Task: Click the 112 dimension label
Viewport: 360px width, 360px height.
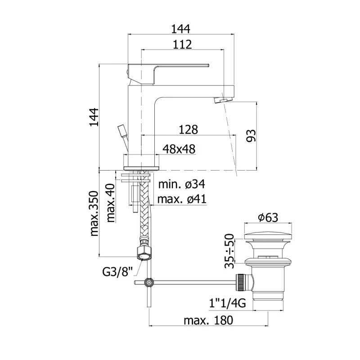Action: [182, 44]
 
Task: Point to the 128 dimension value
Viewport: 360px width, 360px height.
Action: [188, 130]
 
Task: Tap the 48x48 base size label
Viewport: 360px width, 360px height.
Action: [179, 149]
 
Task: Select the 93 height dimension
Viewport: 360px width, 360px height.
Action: [251, 136]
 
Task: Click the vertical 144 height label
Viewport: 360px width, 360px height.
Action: [94, 117]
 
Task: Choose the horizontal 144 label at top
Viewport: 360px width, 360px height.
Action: [181, 29]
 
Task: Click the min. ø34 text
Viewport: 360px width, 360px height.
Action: [182, 184]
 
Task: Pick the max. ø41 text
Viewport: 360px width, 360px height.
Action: [182, 199]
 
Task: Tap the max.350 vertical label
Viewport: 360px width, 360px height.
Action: [94, 213]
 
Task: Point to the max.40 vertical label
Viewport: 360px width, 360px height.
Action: [110, 203]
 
